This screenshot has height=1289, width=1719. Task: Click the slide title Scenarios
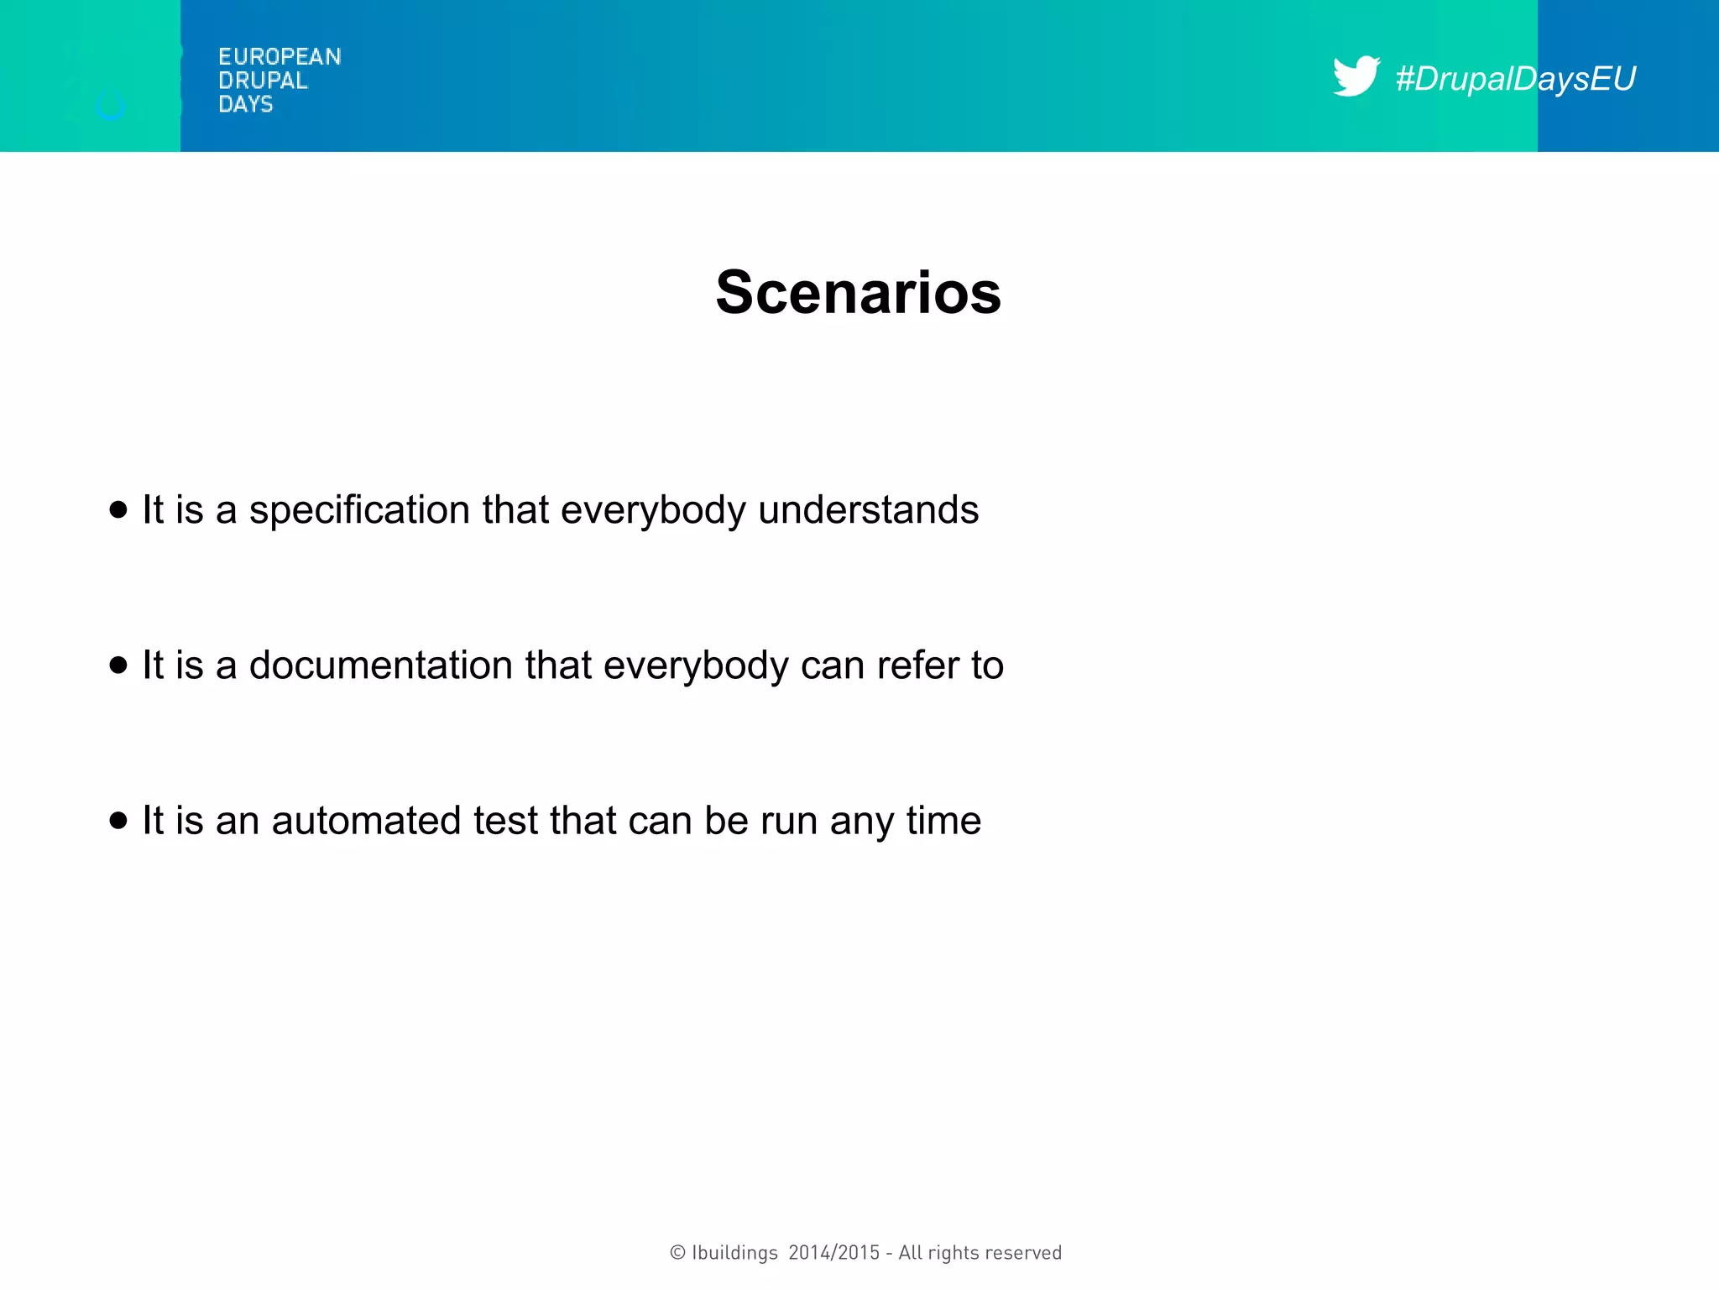(858, 293)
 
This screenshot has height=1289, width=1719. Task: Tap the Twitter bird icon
(1356, 76)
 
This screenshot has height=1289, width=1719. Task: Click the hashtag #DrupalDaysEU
(1515, 79)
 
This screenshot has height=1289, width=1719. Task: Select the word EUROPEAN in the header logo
(280, 57)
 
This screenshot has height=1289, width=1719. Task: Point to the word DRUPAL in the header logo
(263, 81)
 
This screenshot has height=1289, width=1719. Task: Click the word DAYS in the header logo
(246, 104)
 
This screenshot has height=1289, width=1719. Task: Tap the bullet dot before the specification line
(118, 509)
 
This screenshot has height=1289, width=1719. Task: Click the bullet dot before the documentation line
(118, 665)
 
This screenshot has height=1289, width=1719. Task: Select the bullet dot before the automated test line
(118, 820)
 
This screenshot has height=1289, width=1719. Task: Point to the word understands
(868, 510)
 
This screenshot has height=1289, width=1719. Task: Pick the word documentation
(381, 665)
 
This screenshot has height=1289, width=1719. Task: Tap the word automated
(366, 821)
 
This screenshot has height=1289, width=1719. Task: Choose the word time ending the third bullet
(943, 821)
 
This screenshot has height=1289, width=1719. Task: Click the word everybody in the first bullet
(653, 510)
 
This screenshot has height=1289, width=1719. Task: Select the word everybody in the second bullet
(696, 665)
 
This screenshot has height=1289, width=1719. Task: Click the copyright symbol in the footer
(677, 1253)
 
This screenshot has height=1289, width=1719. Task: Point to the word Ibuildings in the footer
(734, 1253)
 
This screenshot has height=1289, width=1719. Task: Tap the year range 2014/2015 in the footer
(833, 1253)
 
